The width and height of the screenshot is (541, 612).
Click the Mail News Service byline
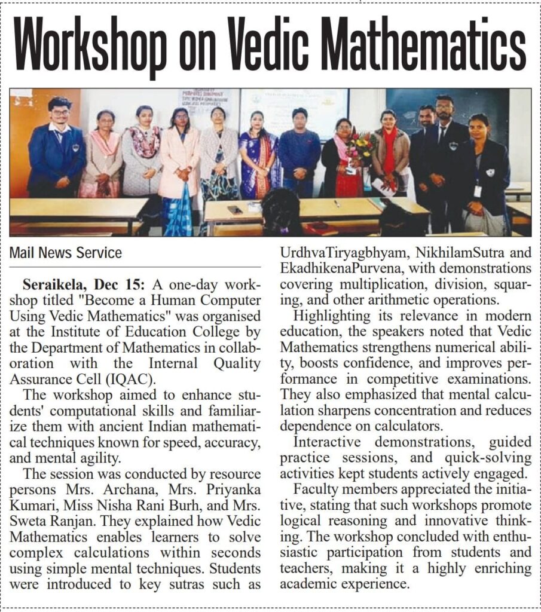click(x=66, y=252)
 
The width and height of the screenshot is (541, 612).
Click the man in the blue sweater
click(x=299, y=155)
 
